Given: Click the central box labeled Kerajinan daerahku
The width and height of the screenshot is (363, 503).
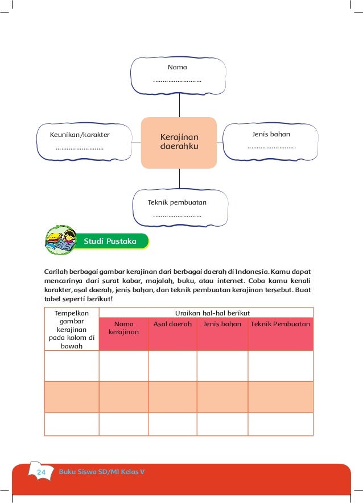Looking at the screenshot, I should coord(179,143).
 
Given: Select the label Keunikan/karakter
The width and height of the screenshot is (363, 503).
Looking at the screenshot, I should coord(80,135).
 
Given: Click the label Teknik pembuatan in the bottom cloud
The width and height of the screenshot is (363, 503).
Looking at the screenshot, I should coord(177,202).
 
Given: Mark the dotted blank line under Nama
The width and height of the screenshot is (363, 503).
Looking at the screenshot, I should coord(177,81).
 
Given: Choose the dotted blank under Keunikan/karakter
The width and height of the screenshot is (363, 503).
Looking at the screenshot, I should coord(79,149).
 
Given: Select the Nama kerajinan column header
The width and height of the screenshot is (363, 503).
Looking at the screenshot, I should coord(123,328).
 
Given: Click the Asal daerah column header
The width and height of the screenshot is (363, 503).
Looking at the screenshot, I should coord(172,324).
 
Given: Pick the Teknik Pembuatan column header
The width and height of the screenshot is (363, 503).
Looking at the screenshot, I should coord(280,324).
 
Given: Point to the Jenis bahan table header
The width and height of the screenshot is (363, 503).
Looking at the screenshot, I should coord(222,324).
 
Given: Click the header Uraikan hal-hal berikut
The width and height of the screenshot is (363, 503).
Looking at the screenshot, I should coord(205,313).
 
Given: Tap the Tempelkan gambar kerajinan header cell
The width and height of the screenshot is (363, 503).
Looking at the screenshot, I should coord(72,329).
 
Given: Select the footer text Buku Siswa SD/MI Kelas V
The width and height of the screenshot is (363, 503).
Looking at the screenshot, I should coord(101,473).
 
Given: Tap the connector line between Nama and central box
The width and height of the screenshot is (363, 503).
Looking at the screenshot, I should coord(179,106).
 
